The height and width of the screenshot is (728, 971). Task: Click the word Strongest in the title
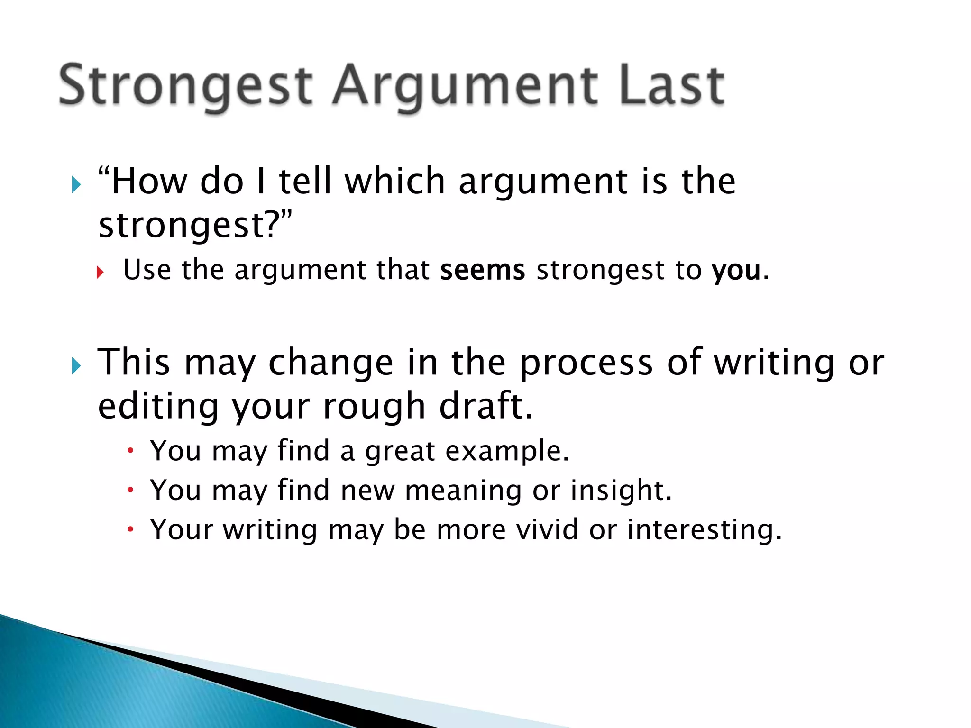point(185,85)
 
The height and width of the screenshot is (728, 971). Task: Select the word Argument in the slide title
point(465,88)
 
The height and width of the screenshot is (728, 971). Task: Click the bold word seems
point(482,270)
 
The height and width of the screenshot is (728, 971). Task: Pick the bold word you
point(736,271)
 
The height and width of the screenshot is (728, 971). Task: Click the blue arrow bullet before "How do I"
point(76,184)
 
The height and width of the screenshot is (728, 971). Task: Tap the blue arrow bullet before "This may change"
point(76,365)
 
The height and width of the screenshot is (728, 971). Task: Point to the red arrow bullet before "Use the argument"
point(100,272)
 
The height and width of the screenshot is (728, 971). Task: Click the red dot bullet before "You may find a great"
point(131,450)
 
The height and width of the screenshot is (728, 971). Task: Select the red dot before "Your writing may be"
point(131,529)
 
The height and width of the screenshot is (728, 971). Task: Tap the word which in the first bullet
point(394,182)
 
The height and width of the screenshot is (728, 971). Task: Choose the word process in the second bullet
point(586,364)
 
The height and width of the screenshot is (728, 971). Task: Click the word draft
point(486,406)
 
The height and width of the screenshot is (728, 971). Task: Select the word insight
point(621,491)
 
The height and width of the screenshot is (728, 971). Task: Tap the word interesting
point(704,530)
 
